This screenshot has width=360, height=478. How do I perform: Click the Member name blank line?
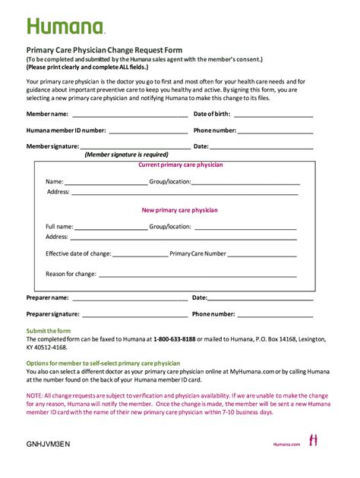pos(129,117)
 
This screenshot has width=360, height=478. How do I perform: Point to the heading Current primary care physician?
pos(180,165)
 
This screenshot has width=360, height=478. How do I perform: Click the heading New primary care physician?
pos(180,210)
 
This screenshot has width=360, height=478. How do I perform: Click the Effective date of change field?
pos(141,256)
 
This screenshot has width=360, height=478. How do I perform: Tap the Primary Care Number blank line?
pos(262,256)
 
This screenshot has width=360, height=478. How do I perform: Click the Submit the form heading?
pos(49,332)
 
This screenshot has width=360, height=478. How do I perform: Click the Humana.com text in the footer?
pos(287,445)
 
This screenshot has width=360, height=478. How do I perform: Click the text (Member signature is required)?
pos(126,154)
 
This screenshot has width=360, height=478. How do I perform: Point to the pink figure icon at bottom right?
pos(312,440)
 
